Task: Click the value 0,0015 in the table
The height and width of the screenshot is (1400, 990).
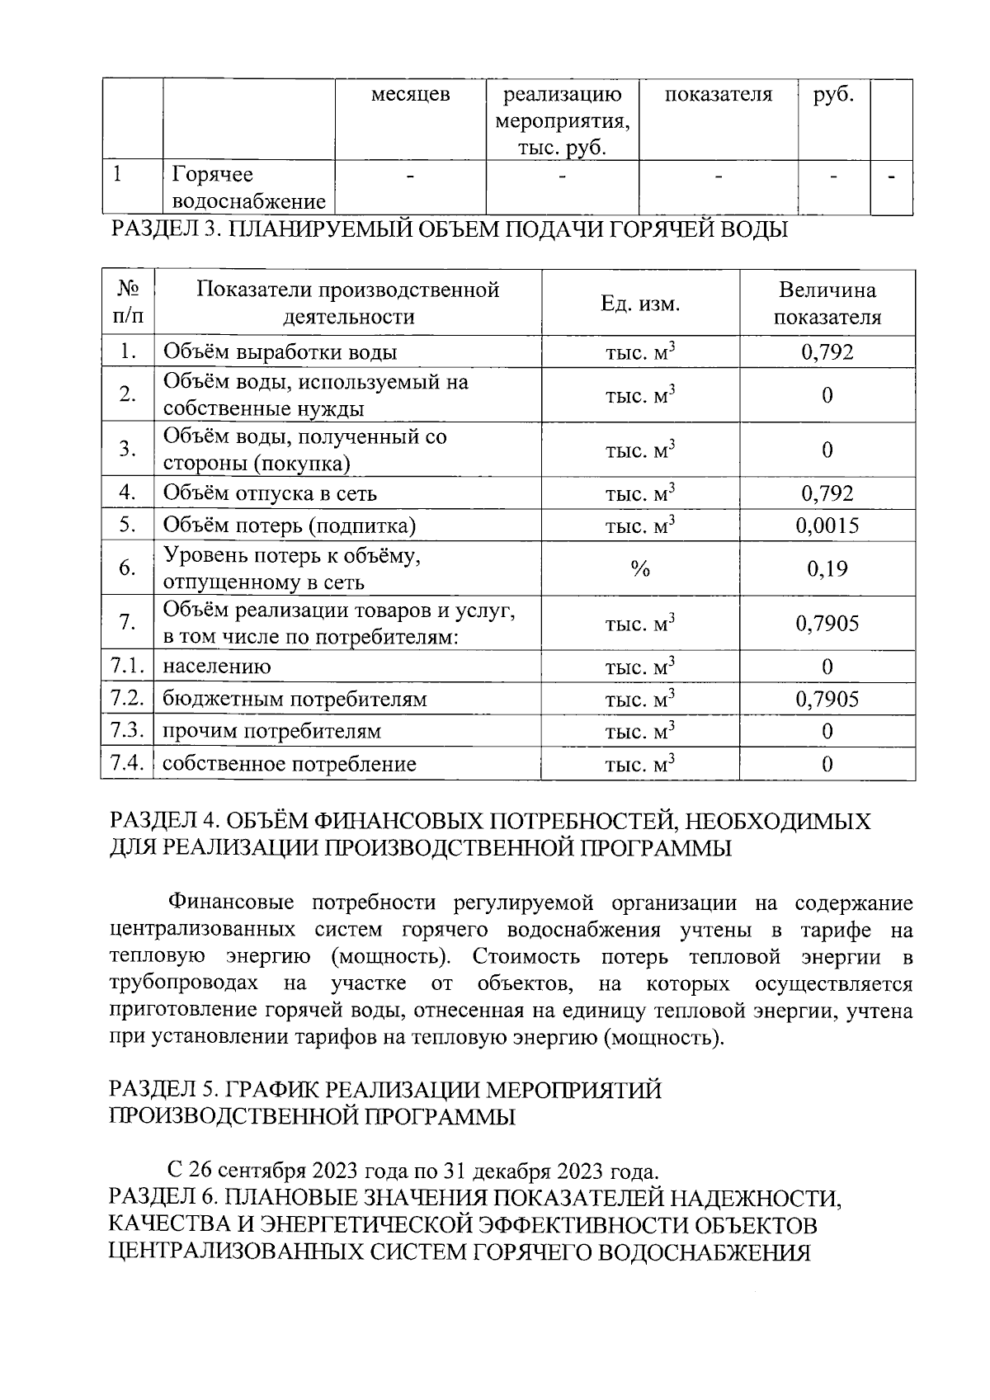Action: click(x=827, y=526)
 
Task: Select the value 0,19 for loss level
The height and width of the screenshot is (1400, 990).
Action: click(x=827, y=568)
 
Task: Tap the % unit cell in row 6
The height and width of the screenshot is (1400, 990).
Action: click(x=640, y=568)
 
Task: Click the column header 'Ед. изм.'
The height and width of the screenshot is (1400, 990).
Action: click(x=640, y=304)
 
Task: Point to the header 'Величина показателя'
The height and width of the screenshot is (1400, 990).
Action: click(x=827, y=304)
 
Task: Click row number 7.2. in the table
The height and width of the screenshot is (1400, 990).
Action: click(x=128, y=699)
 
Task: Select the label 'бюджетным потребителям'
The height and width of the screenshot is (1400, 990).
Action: click(x=295, y=700)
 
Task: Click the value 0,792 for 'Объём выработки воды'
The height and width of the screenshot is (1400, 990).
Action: click(x=827, y=352)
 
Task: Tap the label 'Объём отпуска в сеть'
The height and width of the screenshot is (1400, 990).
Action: click(x=270, y=493)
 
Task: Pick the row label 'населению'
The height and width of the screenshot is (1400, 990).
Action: click(x=216, y=667)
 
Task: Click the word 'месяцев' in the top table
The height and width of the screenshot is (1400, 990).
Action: click(x=410, y=95)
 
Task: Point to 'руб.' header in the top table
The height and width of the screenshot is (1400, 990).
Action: click(x=833, y=95)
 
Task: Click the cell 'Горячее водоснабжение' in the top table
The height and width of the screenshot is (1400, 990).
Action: click(x=248, y=188)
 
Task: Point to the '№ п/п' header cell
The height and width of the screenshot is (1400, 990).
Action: click(x=128, y=303)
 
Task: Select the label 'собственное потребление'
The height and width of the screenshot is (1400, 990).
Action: click(x=289, y=764)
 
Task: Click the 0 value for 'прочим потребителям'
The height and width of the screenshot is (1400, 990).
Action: click(x=827, y=732)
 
